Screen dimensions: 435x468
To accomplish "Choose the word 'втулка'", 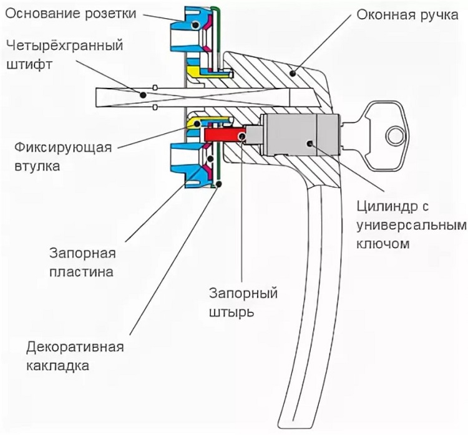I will coord(36,168).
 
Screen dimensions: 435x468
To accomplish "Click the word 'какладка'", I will coord(59,366).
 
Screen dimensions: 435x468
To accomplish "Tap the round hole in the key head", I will coord(395,135).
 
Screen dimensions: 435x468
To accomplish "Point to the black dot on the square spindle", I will coord(143,95).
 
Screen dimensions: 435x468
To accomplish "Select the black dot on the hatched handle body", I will coord(291,74).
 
